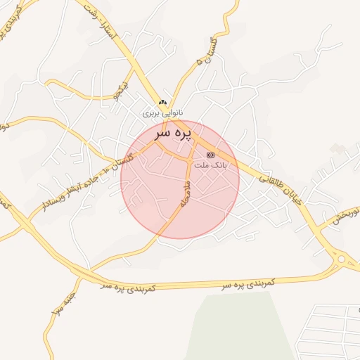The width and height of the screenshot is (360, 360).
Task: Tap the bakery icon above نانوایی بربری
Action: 163,103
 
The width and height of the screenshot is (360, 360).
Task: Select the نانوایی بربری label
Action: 163,112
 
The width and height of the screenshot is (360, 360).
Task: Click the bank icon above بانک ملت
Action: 210,155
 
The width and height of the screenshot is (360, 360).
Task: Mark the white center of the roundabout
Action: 341,259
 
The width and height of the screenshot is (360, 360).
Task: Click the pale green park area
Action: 239,327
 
